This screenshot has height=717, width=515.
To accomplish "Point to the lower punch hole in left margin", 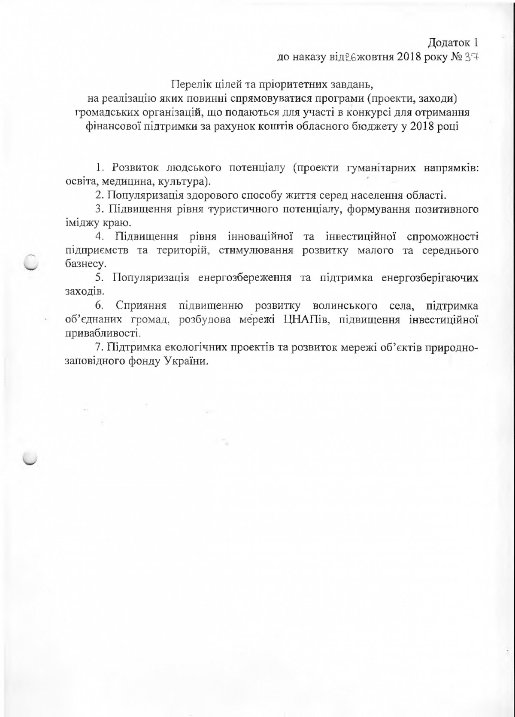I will click(x=30, y=459).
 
